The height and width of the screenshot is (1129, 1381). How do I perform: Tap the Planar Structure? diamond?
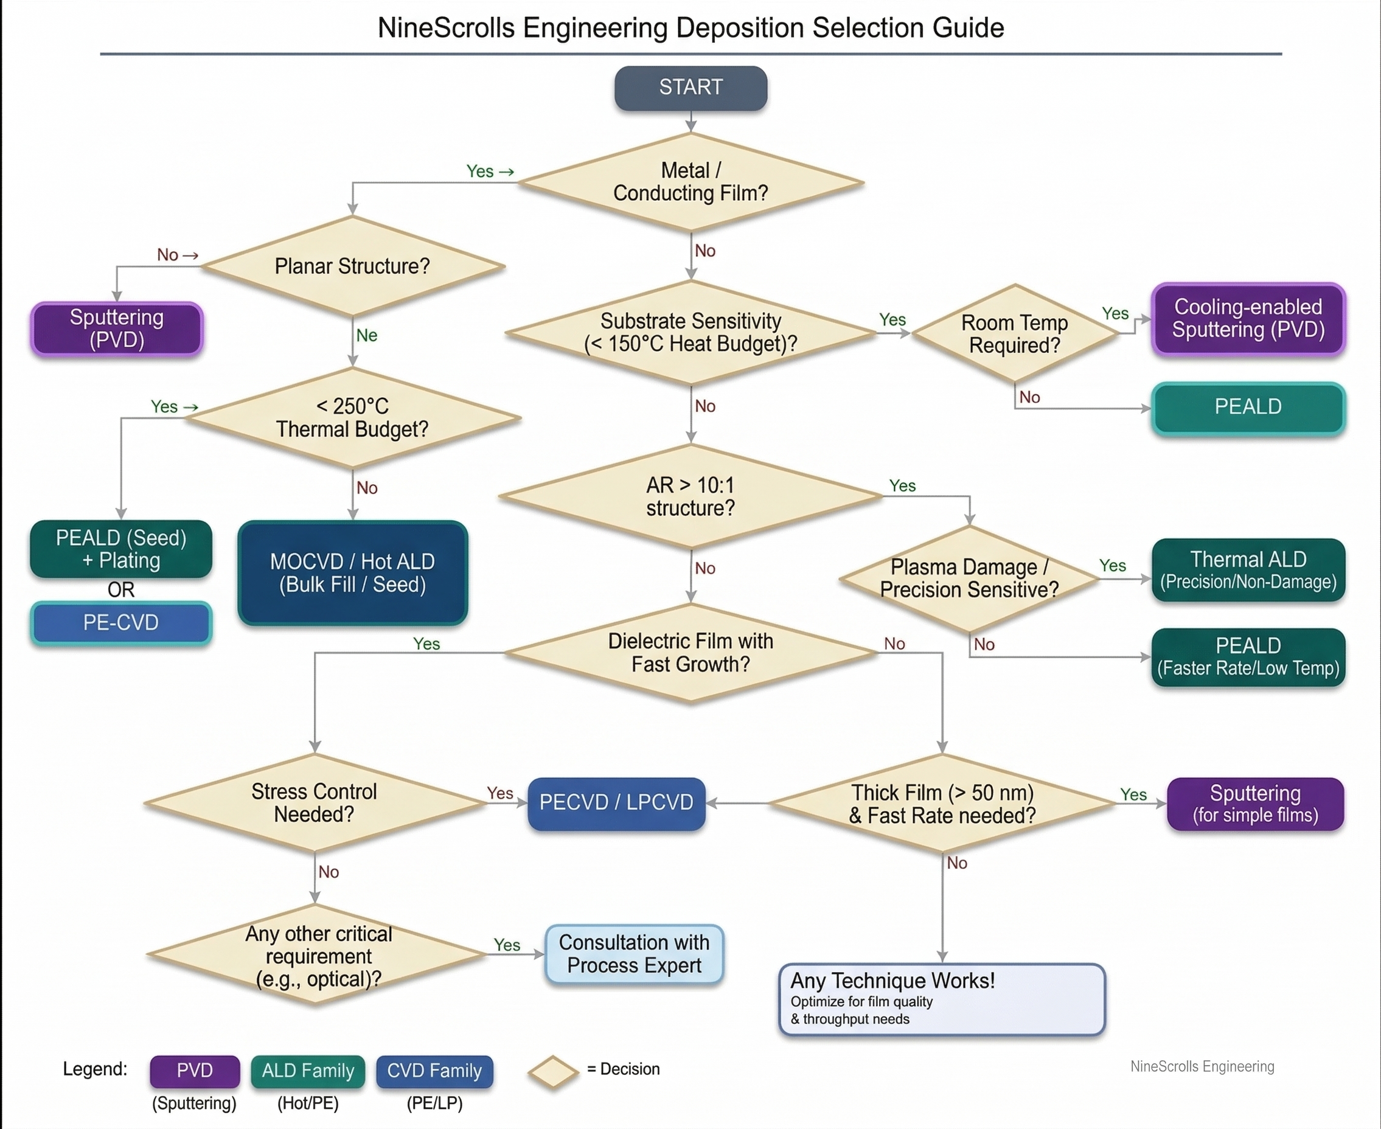click(x=352, y=266)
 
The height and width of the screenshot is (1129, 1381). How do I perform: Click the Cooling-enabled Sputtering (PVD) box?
click(x=1248, y=319)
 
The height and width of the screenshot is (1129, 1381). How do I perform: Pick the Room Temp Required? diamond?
click(x=1014, y=333)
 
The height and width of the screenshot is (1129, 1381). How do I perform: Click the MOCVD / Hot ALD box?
click(x=352, y=573)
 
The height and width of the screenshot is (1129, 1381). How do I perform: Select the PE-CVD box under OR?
click(x=121, y=623)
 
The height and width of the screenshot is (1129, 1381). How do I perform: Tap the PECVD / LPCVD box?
click(x=616, y=803)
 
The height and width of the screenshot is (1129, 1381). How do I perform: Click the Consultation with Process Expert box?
click(x=633, y=954)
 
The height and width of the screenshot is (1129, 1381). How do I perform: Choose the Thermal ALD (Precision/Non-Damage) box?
click(x=1248, y=571)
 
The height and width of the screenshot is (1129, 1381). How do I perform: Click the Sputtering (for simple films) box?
click(x=1255, y=804)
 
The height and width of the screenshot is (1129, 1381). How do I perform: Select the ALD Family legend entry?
click(x=308, y=1071)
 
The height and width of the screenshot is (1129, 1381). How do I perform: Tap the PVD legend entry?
click(x=195, y=1071)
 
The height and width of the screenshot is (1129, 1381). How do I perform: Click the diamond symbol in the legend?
click(x=552, y=1071)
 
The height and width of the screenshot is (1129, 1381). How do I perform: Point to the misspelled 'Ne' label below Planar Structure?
click(x=366, y=336)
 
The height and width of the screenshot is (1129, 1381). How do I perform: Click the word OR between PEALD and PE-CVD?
click(x=121, y=590)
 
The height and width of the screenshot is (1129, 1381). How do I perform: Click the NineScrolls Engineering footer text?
click(x=1202, y=1066)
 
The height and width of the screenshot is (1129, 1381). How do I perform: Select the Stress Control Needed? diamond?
click(x=314, y=803)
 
